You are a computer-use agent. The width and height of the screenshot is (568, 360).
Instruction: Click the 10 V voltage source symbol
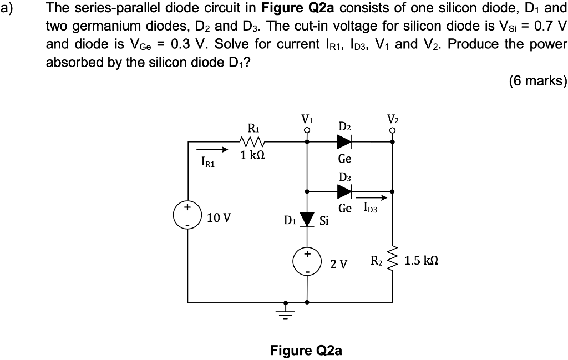pos(187,216)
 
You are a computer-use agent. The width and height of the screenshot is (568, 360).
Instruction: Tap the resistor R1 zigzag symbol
pos(252,141)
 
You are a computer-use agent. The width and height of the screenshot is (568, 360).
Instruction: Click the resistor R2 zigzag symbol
pos(393,261)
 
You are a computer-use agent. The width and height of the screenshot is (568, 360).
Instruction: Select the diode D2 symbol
pos(344,141)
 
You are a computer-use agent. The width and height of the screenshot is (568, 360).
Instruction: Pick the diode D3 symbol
pos(344,191)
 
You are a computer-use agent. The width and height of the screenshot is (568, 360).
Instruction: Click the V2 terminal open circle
pos(393,131)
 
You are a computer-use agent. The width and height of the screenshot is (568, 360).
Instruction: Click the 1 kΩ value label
pos(252,156)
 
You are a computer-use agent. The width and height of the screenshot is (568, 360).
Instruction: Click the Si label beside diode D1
pos(324,221)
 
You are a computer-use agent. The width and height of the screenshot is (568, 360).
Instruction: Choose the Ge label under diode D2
pos(344,159)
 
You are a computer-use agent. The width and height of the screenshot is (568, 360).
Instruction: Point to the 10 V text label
pos(219,217)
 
